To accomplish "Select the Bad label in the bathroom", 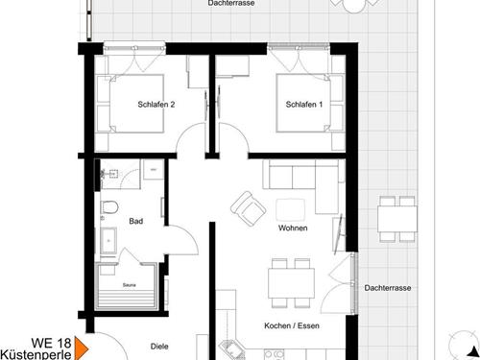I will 135,222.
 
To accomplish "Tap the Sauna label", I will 128,284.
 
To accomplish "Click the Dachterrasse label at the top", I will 230,5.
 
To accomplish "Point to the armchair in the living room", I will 249,206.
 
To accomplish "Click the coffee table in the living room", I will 290,210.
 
